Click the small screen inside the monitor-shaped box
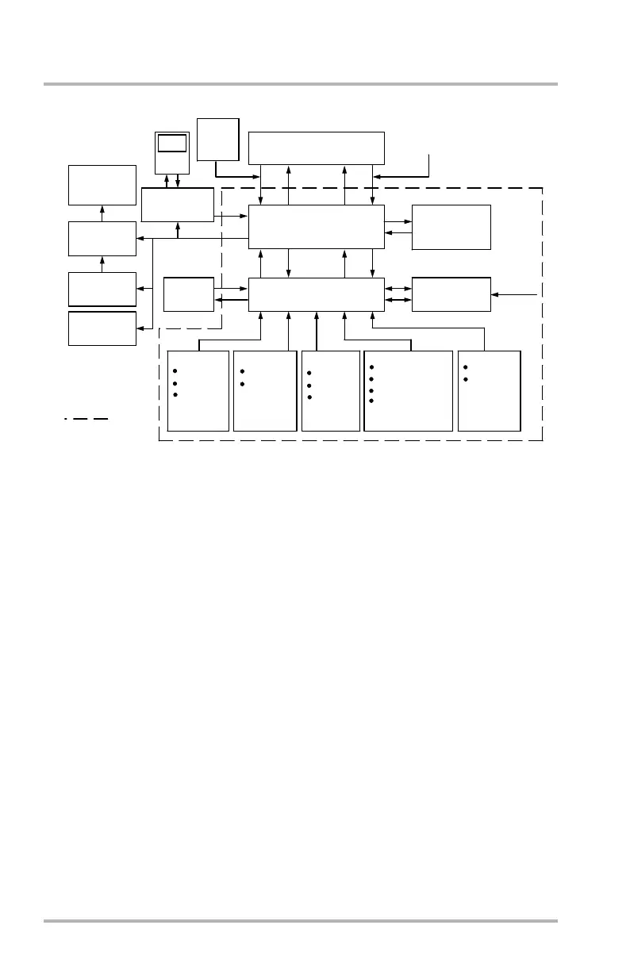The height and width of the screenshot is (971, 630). tap(172, 144)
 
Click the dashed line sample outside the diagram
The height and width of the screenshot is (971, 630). tap(87, 417)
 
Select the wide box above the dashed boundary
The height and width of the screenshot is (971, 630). tap(316, 148)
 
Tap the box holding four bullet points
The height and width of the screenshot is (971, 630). tap(408, 390)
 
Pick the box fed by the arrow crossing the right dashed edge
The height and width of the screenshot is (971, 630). tap(451, 294)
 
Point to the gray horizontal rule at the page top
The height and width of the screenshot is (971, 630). tap(300, 84)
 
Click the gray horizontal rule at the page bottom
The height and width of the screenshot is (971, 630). tap(300, 921)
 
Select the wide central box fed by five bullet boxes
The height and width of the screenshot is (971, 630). tap(316, 294)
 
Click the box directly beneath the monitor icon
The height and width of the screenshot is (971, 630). tap(178, 205)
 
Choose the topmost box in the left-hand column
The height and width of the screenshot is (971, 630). tap(102, 185)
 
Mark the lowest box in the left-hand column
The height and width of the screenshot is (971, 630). tap(102, 328)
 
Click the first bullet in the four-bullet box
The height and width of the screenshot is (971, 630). tap(371, 367)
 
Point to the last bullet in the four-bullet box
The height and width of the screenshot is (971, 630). tap(371, 401)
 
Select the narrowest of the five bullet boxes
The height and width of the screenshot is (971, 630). tap(331, 390)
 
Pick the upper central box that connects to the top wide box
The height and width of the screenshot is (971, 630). tap(316, 226)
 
